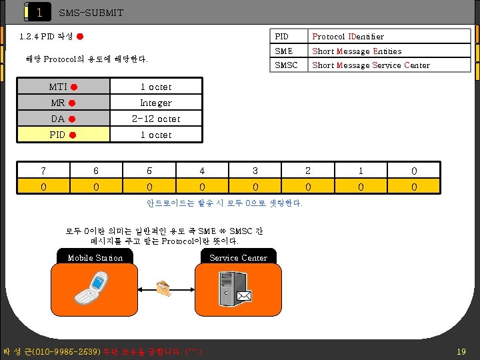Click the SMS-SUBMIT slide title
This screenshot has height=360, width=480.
[x=91, y=13]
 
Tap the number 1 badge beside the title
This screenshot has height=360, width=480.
[x=39, y=12]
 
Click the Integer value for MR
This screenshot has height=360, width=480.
[x=155, y=103]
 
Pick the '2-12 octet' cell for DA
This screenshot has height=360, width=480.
[x=155, y=119]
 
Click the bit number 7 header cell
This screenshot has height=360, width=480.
[x=43, y=171]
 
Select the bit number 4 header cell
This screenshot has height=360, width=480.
[x=202, y=171]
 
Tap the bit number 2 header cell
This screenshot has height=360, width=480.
[x=308, y=171]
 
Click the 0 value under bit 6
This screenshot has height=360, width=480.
[x=96, y=187]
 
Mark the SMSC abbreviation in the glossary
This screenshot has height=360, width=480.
[x=287, y=65]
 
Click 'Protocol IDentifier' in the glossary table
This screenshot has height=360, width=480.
[x=348, y=37]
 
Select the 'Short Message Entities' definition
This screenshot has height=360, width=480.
[x=357, y=51]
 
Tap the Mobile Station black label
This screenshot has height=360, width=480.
[x=95, y=258]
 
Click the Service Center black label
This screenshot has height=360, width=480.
[x=238, y=258]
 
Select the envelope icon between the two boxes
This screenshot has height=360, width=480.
[x=163, y=287]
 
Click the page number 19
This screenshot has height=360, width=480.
[x=461, y=351]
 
